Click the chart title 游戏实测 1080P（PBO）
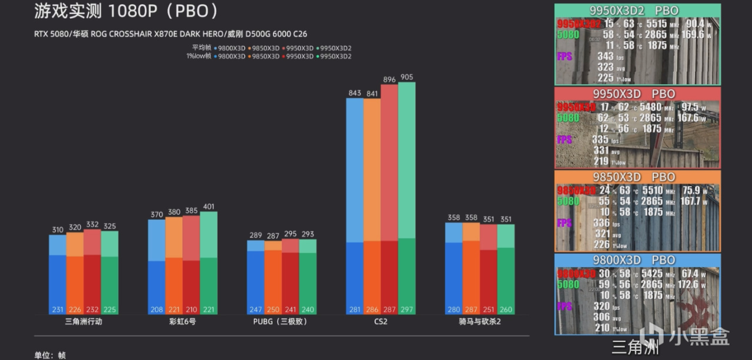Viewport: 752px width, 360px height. point(127,11)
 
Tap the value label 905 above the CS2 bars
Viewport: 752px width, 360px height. point(406,77)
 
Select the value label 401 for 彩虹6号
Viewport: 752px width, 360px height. point(209,207)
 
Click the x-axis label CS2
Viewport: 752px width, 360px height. point(381,322)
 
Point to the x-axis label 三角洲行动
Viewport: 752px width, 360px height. point(83,322)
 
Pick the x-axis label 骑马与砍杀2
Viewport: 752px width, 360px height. point(479,322)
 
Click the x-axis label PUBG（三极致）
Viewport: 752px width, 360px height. point(280,322)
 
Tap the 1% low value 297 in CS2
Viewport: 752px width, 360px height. point(406,309)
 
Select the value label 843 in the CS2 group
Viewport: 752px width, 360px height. point(355,93)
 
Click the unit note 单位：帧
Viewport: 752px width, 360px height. point(50,355)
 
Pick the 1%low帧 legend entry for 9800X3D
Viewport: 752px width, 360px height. point(230,56)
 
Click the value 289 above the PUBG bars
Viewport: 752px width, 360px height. point(256,235)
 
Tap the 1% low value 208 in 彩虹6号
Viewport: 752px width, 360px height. point(157,309)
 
